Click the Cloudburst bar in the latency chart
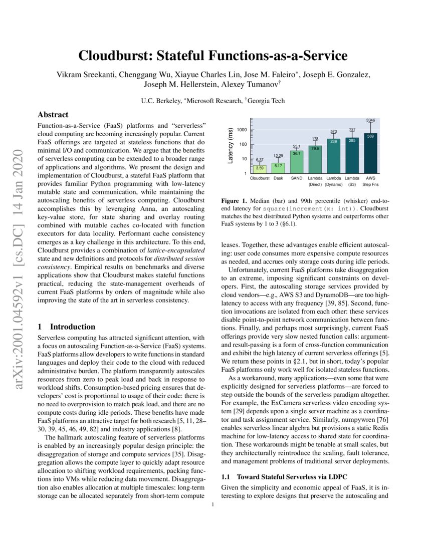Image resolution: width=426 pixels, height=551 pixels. (x=260, y=169)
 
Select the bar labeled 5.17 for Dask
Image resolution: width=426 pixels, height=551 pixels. (x=278, y=167)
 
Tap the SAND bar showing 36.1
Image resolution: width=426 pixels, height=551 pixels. (x=297, y=161)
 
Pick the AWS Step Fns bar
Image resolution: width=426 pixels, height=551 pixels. (x=370, y=153)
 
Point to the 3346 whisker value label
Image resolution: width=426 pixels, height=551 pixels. (x=370, y=120)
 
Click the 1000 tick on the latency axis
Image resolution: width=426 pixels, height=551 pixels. (x=242, y=130)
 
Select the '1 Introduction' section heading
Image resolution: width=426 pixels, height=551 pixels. (x=67, y=327)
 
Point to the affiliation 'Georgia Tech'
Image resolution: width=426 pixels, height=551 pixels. (x=267, y=101)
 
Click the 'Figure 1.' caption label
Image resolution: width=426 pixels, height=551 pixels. (x=235, y=201)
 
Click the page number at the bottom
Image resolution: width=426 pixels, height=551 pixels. (x=213, y=505)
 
